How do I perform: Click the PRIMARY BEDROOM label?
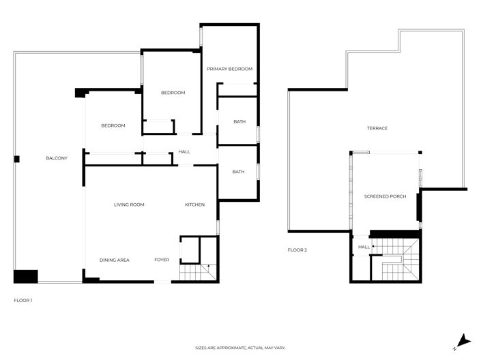point(230,69)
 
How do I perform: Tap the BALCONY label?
point(57,158)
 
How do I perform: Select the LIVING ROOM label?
point(128,205)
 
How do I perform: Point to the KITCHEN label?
point(195,205)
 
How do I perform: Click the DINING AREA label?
point(115,260)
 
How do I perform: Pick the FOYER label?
point(162,260)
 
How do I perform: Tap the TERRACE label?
point(377,128)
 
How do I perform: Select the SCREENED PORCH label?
point(385,196)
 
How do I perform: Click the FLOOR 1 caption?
point(23,300)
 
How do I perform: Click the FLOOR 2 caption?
point(297,250)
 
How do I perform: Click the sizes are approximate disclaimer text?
point(240,348)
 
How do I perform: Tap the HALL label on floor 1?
point(184,151)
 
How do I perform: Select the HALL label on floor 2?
point(364,247)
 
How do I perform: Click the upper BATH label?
point(239,122)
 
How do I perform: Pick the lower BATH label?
point(238,172)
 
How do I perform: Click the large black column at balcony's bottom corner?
point(26,276)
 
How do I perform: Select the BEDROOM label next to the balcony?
point(113,125)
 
